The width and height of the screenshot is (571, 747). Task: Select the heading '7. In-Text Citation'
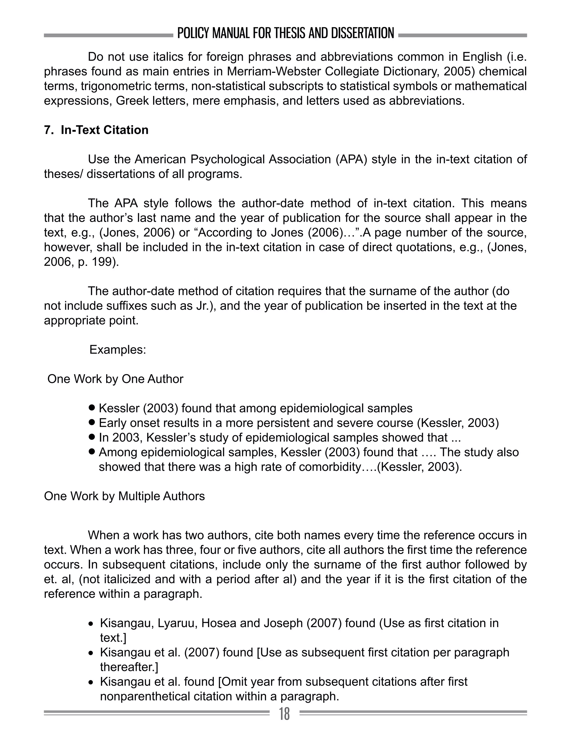tap(96, 130)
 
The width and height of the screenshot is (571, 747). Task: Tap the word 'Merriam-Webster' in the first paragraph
tap(275, 72)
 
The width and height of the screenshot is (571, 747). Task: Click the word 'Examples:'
tap(118, 350)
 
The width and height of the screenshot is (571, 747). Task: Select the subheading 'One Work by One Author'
tap(115, 379)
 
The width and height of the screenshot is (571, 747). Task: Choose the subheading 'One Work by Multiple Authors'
tap(124, 496)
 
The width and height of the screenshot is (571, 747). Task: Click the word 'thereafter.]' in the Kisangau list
tap(129, 667)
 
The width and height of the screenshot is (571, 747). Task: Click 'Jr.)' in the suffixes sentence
tap(206, 306)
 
